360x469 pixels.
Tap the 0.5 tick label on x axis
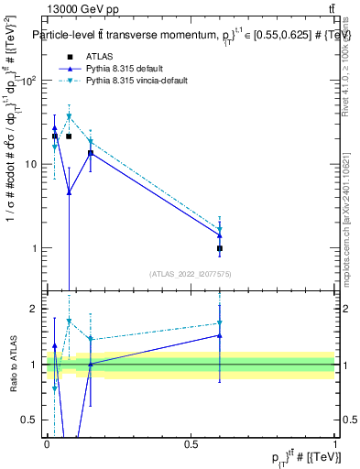(x=191, y=443)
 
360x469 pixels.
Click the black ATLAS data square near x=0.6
(x=220, y=248)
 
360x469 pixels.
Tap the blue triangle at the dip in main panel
(x=69, y=191)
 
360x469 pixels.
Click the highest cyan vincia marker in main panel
(x=69, y=117)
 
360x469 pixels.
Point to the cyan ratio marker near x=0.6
(x=220, y=323)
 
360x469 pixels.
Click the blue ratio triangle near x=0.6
(x=220, y=335)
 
